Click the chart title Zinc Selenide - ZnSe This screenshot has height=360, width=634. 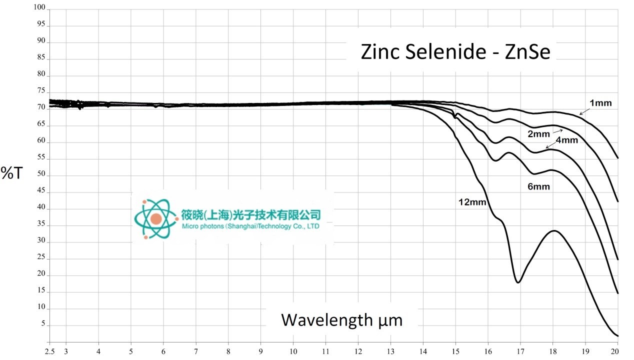tap(455, 52)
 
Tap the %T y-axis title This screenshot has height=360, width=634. tap(12, 173)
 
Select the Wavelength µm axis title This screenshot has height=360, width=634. tap(341, 319)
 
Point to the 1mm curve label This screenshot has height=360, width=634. tap(600, 103)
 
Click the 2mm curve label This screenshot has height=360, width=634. tap(538, 134)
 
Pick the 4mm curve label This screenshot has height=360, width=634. tap(566, 140)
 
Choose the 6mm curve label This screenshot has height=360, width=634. tap(538, 187)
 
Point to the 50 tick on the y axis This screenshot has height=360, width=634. tap(40, 175)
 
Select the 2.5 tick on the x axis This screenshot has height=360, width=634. tap(50, 352)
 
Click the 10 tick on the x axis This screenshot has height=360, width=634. tap(293, 352)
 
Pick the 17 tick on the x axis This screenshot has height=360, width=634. tap(520, 352)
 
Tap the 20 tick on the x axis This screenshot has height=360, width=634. tap(617, 352)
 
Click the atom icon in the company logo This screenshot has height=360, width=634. tap(155, 218)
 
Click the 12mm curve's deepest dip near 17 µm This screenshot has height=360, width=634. tap(518, 282)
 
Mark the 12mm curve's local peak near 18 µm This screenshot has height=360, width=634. tap(553, 230)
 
